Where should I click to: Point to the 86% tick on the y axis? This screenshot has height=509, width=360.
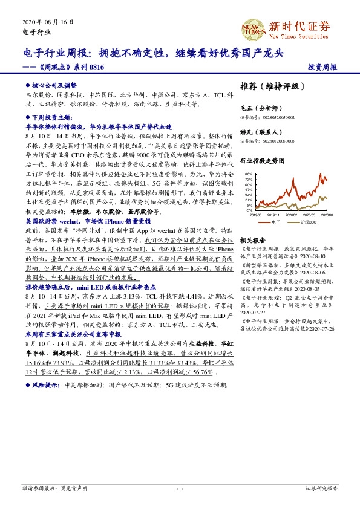249,174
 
